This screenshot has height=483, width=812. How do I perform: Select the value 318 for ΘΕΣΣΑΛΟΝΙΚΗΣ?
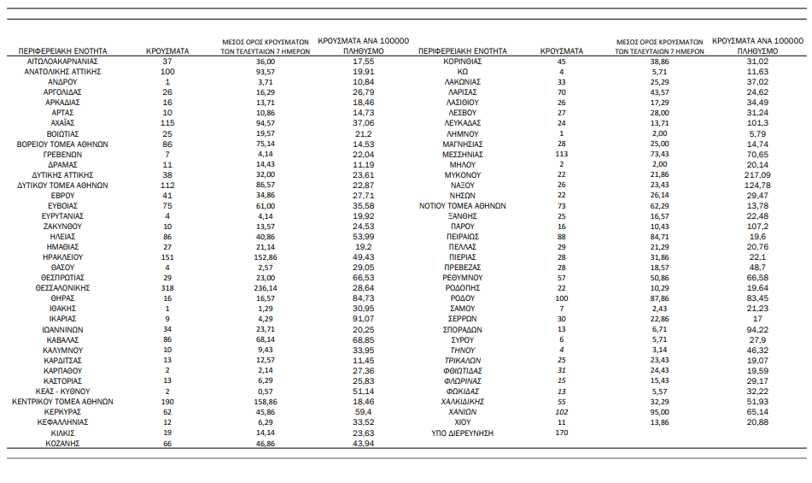tap(167, 289)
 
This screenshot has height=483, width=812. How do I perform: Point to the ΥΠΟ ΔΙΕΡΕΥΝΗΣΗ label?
tap(464, 433)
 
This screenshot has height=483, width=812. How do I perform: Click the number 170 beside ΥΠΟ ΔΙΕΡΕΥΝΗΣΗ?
tap(561, 433)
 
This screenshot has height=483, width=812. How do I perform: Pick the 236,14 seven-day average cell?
tap(266, 289)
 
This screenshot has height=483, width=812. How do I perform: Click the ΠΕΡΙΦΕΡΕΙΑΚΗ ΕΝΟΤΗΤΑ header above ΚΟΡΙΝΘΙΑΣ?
tap(464, 51)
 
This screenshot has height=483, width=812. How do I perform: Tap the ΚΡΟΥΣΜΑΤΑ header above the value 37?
tap(167, 51)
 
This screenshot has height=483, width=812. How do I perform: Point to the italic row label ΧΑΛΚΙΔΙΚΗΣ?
tap(464, 402)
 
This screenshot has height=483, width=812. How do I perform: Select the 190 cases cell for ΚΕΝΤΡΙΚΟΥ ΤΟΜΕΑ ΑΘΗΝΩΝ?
tap(167, 402)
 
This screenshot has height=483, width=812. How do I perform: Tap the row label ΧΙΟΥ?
tap(464, 423)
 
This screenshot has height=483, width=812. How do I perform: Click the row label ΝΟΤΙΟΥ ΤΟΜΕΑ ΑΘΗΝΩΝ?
tap(464, 206)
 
